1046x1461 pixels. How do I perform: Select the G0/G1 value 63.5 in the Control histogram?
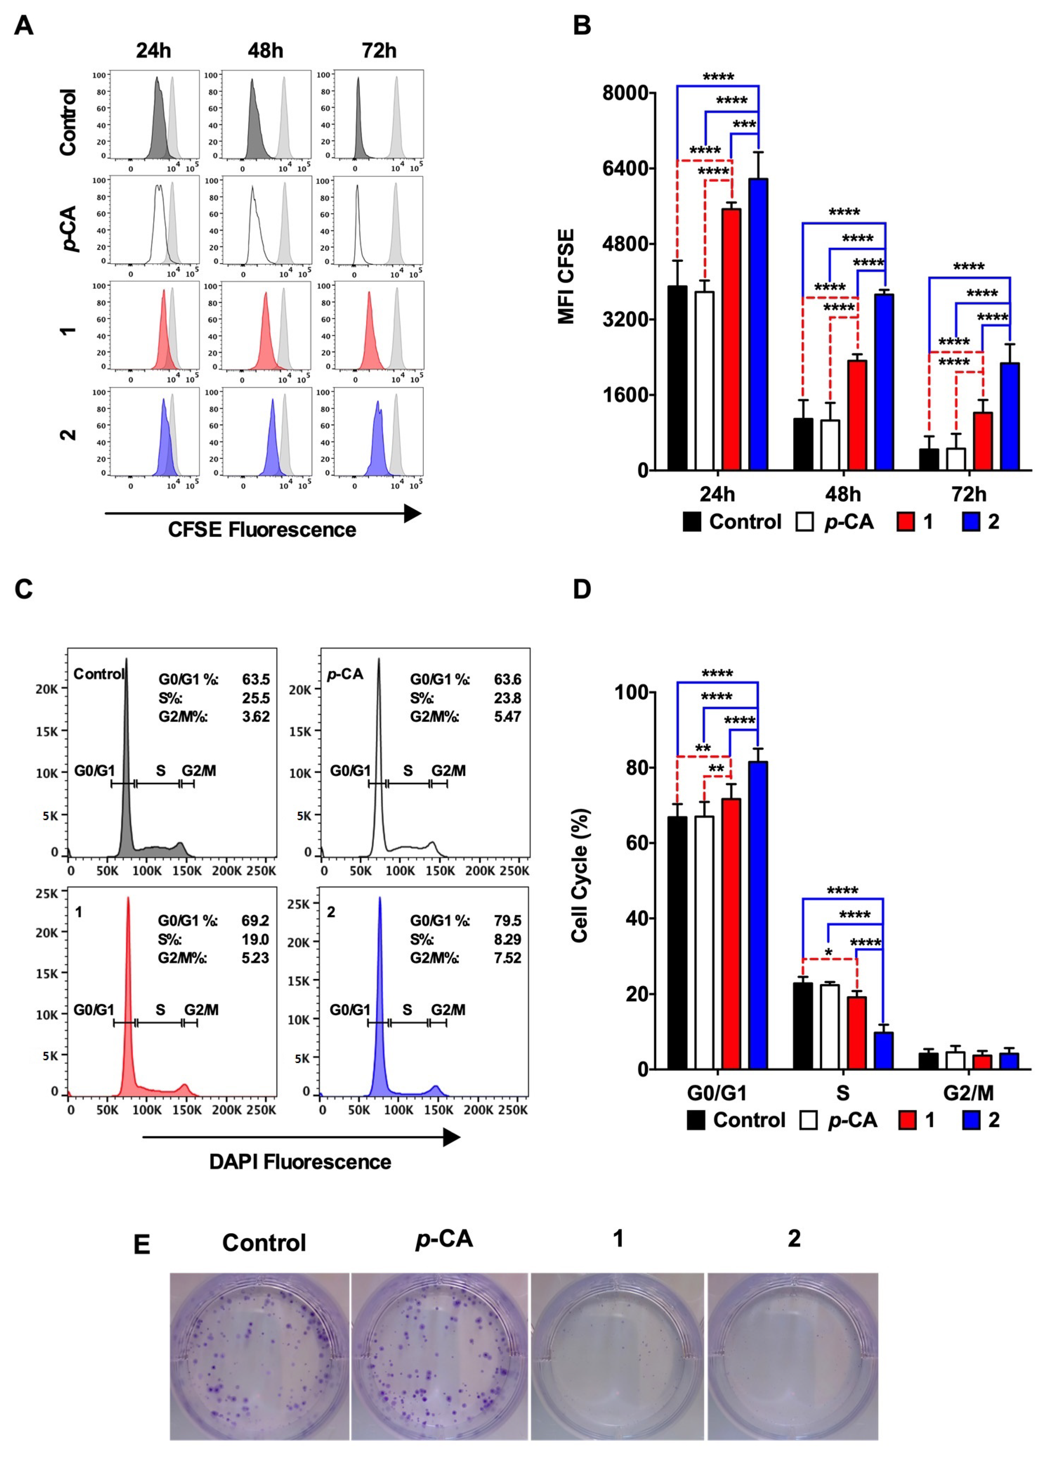(256, 679)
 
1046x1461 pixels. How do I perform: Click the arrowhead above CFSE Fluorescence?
(412, 513)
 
